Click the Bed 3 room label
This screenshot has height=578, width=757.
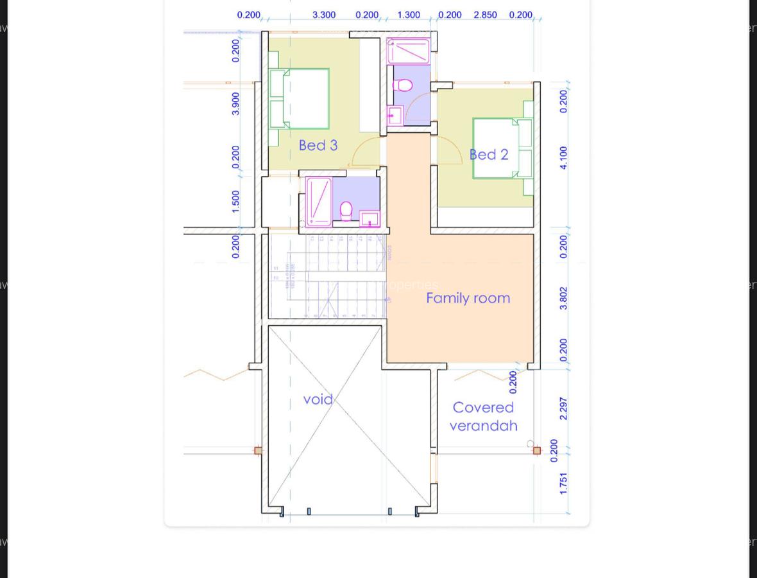[x=318, y=145]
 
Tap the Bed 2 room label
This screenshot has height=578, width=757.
[x=489, y=155]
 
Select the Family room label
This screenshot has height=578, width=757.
[x=468, y=298]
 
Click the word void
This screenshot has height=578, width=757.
[x=318, y=399]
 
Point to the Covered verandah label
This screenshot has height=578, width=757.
[x=483, y=416]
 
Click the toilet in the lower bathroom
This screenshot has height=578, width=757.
[x=346, y=210]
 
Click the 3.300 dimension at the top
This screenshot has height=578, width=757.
[x=324, y=15]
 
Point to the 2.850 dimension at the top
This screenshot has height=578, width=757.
[x=485, y=15]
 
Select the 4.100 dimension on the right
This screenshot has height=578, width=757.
[x=563, y=157]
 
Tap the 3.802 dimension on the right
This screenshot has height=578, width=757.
[x=563, y=298]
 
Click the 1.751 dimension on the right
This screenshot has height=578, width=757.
[x=563, y=483]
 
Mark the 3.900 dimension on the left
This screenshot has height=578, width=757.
[x=235, y=103]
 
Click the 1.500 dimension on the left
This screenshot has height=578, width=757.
[x=235, y=201]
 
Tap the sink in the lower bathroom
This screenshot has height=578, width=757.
[x=370, y=219]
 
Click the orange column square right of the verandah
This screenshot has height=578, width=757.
[x=537, y=451]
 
